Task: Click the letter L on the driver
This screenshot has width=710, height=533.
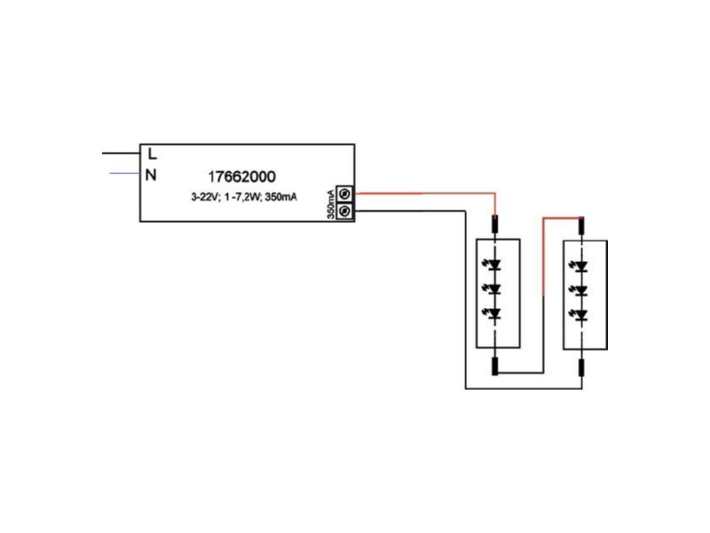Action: point(152,154)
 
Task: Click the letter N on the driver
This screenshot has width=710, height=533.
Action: point(151,175)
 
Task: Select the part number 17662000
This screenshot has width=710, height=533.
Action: point(241,176)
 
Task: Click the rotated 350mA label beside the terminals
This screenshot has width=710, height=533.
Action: point(331,203)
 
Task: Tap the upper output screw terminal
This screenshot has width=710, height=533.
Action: point(344,194)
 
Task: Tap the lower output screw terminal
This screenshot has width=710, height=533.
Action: point(344,211)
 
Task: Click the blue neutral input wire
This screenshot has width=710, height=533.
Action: point(125,173)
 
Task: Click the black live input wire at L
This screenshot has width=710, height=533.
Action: point(122,153)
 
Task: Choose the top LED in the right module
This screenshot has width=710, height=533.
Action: point(580,266)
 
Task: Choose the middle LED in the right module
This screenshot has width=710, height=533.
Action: point(580,290)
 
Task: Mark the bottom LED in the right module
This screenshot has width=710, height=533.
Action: point(580,314)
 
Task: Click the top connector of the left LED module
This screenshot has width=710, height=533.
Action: point(495,225)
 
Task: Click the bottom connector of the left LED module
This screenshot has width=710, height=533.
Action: point(495,366)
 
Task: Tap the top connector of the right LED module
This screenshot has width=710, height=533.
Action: point(582,226)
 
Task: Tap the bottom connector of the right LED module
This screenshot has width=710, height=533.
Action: point(582,368)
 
